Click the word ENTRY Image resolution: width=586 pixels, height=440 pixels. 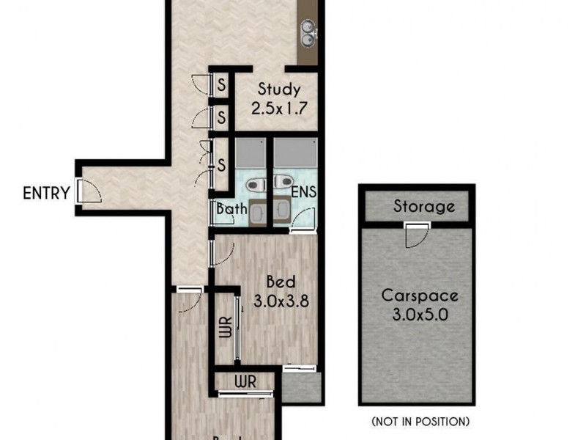[46, 194]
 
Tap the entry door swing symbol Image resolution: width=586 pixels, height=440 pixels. [88, 193]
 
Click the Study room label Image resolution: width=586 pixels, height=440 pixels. [278, 90]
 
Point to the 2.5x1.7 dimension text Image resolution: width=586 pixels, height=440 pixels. [278, 108]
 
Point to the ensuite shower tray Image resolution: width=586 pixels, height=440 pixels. [295, 154]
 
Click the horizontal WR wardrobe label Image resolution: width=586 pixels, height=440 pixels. [245, 382]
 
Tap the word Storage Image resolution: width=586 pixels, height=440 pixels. [424, 207]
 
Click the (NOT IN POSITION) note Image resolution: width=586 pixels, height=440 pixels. [420, 422]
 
